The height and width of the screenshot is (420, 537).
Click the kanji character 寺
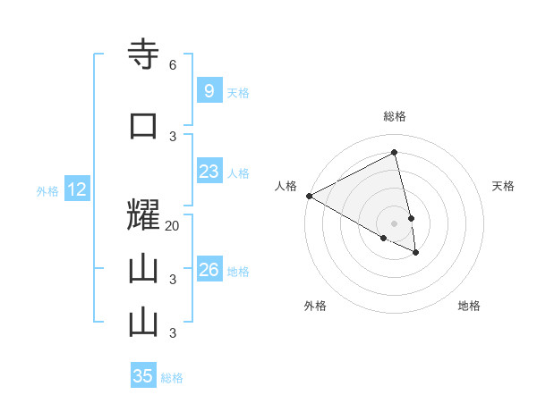(x=143, y=55)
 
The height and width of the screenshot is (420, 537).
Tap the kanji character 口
(x=143, y=126)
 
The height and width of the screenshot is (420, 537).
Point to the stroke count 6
(x=172, y=65)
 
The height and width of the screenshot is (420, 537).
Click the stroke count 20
(x=173, y=226)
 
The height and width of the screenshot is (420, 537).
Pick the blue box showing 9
(x=209, y=91)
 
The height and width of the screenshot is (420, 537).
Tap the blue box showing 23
(x=209, y=172)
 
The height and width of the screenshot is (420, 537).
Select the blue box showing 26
(x=209, y=270)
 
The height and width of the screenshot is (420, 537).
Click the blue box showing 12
(x=76, y=189)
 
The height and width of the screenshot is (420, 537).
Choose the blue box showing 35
(x=143, y=376)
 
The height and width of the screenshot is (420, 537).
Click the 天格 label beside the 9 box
(x=238, y=93)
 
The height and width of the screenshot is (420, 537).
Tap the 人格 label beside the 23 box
(x=238, y=173)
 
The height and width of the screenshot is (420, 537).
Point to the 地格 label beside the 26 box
(x=238, y=272)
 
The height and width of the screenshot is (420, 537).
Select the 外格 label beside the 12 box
(x=47, y=191)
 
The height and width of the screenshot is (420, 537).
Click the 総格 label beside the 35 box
(x=172, y=378)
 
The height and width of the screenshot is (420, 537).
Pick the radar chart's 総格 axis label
(x=395, y=116)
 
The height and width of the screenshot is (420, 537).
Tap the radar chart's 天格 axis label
(x=504, y=186)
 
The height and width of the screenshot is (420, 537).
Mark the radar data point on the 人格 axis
(x=309, y=195)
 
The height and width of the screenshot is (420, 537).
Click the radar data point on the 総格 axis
(x=395, y=153)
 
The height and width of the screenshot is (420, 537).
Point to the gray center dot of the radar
(x=395, y=223)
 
